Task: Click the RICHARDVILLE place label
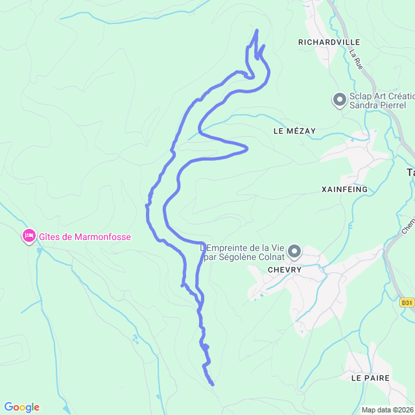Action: [x=328, y=41]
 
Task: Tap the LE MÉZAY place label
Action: [x=294, y=131]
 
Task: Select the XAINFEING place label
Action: [x=344, y=189]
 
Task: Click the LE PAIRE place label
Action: [x=370, y=377]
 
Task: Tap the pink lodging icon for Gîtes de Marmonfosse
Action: [x=29, y=237]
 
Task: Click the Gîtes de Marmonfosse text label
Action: [x=84, y=237]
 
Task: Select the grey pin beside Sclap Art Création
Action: [x=339, y=100]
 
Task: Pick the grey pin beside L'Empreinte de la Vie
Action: [x=294, y=251]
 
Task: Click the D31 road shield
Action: [x=406, y=302]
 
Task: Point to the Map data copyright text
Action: [x=387, y=410]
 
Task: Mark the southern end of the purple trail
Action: [x=213, y=385]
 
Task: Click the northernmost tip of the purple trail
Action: [x=257, y=30]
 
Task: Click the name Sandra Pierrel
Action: [x=377, y=105]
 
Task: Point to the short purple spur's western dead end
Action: [x=182, y=284]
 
